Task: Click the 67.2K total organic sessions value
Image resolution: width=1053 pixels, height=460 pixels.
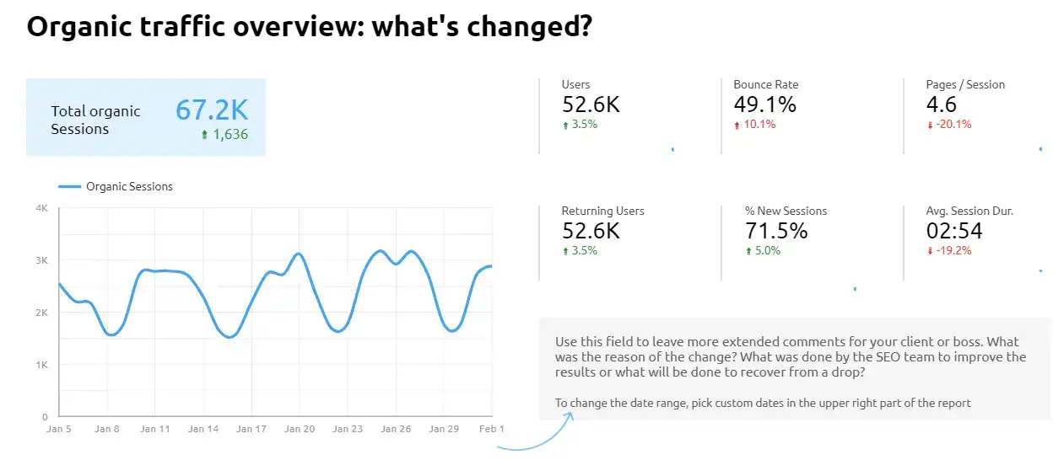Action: (x=212, y=110)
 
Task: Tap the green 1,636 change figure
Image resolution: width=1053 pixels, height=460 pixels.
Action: (x=224, y=134)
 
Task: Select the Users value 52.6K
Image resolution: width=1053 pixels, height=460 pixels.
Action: (x=591, y=104)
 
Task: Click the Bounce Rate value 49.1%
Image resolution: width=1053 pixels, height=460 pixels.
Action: (x=764, y=104)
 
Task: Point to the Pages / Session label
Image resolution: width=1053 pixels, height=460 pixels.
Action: (x=965, y=84)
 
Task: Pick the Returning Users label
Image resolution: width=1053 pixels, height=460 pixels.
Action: (x=602, y=211)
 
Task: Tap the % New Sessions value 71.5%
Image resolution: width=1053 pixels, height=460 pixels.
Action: (x=776, y=231)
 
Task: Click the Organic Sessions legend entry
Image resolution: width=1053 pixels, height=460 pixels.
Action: (x=128, y=186)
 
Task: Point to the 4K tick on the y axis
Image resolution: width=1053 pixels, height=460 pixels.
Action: (x=41, y=208)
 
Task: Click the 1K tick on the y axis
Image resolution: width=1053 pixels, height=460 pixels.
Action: (x=41, y=365)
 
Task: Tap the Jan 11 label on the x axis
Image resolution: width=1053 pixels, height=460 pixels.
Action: (x=155, y=429)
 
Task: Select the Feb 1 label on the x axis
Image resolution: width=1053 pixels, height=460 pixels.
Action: (x=491, y=429)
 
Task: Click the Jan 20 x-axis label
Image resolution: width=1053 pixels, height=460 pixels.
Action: (x=300, y=429)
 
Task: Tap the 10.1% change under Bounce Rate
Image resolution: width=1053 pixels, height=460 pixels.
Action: (x=759, y=125)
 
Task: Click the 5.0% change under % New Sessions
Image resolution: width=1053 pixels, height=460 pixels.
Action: (x=767, y=251)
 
